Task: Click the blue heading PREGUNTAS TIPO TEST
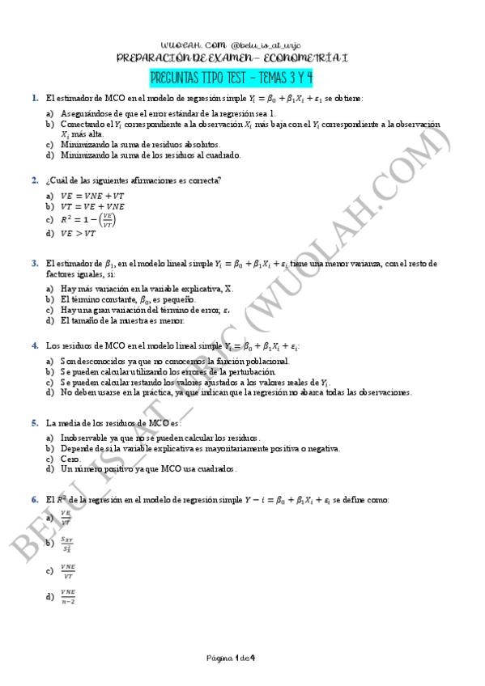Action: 231,78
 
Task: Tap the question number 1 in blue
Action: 35,98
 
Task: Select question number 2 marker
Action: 35,180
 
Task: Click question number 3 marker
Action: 35,263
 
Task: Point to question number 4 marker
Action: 35,345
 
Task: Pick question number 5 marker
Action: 35,422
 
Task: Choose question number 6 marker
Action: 35,500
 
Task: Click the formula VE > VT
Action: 78,234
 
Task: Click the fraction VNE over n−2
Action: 67,598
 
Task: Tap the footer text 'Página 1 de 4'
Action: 231,657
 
